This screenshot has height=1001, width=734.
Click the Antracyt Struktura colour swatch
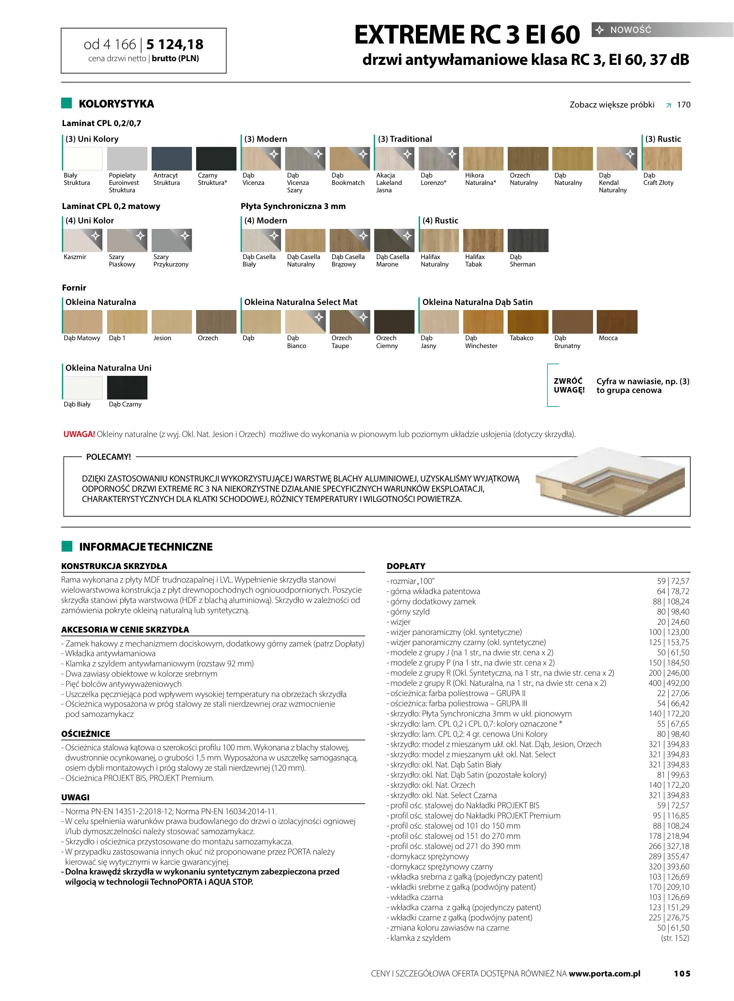click(x=172, y=158)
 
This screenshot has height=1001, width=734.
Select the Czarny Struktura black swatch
click(x=216, y=158)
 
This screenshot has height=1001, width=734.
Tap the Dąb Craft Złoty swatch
click(x=662, y=158)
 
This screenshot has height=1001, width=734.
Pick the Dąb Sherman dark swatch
click(x=528, y=240)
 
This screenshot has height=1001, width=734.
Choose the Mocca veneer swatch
click(x=617, y=322)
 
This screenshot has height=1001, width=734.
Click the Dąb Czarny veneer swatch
click(x=127, y=387)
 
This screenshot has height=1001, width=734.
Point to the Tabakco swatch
click(x=528, y=322)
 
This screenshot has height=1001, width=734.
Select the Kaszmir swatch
click(x=83, y=240)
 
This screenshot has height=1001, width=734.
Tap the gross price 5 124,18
click(x=175, y=44)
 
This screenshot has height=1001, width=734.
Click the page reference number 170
click(x=683, y=105)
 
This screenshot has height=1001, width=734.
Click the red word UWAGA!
click(x=79, y=434)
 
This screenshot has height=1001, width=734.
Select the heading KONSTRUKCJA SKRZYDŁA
click(x=114, y=566)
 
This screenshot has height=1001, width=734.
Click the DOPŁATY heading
click(x=406, y=566)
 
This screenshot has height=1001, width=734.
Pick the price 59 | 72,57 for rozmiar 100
click(x=673, y=581)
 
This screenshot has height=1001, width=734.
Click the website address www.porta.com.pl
click(x=604, y=973)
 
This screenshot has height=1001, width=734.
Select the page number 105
click(x=682, y=973)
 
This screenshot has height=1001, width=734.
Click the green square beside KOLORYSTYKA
click(x=67, y=103)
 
